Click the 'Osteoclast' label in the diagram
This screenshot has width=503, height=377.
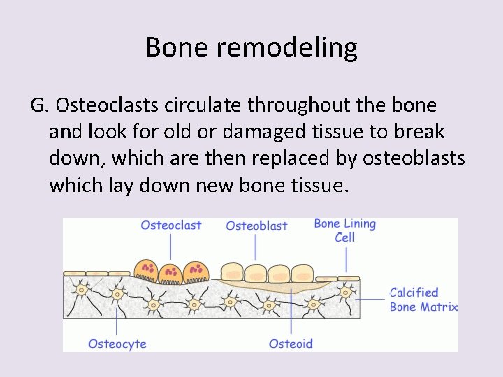point(170,225)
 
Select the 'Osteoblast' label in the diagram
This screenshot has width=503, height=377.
point(256,226)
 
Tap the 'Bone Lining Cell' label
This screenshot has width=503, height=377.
point(345,230)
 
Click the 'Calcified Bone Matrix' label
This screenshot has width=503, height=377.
point(423,300)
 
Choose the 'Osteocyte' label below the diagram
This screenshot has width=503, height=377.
point(117,343)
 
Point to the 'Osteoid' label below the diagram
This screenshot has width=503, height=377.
point(291,343)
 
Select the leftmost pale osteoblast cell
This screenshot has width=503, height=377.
point(232,272)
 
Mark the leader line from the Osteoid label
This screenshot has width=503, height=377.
point(291,314)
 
